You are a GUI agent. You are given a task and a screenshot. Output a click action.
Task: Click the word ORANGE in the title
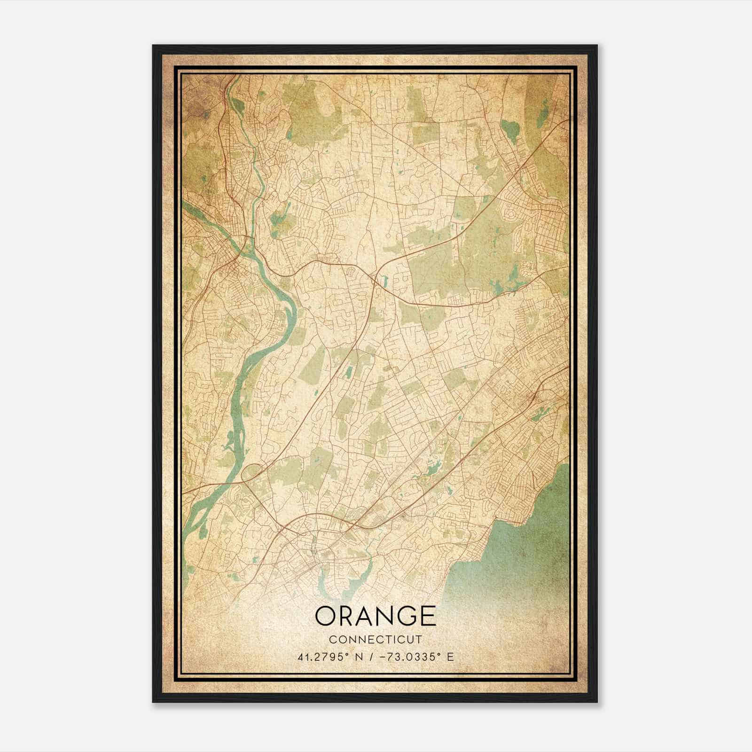click(x=375, y=616)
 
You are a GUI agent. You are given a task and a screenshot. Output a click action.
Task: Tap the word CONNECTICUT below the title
click(x=375, y=639)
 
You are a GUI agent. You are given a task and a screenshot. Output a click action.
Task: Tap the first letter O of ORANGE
click(x=325, y=616)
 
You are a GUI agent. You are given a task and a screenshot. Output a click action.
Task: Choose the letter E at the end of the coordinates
click(x=450, y=657)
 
